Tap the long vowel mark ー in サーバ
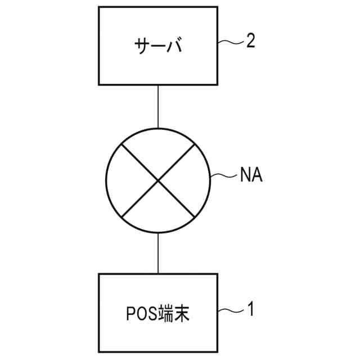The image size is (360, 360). coord(159,46)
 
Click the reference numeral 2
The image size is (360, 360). coord(250,41)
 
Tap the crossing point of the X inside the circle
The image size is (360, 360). coord(158,179)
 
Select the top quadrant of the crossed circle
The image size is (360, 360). coord(158,149)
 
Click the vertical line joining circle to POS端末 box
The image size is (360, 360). coord(158,253)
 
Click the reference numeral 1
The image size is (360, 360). coord(250,309)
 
